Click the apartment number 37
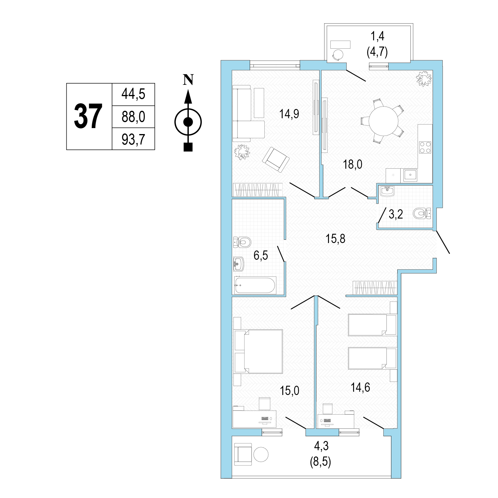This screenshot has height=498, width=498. tap(88, 116)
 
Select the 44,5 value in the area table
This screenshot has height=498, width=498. tap(133, 94)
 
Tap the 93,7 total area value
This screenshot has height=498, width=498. tap(133, 139)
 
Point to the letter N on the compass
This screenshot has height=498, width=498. tap(188, 79)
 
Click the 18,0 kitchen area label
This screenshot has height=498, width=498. tap(353, 164)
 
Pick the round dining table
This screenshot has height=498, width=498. tap(384, 121)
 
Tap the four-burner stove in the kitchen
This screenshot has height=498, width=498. tap(425, 147)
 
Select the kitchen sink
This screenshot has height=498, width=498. tap(410, 175)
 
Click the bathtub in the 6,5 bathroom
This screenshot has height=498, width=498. tap(255, 285)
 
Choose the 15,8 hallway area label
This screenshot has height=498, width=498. tap(335, 239)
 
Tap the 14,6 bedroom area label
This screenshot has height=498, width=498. tap(360, 387)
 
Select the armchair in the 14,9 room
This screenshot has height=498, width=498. tap(276, 160)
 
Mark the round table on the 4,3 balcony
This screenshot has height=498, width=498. tap(261, 454)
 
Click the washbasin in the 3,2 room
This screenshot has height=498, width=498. tap(387, 191)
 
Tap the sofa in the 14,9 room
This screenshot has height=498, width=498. tap(248, 113)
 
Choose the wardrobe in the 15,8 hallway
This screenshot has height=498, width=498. tap(375, 288)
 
